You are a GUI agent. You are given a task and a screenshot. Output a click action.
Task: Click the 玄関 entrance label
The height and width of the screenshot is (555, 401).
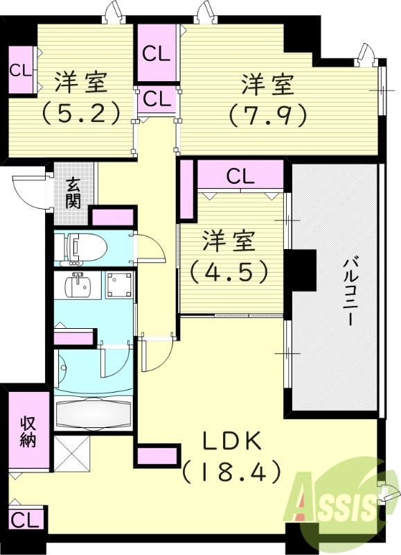tap(73, 192)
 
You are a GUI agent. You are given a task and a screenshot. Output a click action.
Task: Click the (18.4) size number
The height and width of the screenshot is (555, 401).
tap(231, 472)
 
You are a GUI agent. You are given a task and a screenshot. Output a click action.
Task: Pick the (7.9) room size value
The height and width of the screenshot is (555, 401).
tap(267, 113)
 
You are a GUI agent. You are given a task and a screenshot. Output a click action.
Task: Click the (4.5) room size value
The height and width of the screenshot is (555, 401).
tap(229, 271)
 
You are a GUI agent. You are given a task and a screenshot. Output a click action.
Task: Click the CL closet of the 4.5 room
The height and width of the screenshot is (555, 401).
tap(240, 176)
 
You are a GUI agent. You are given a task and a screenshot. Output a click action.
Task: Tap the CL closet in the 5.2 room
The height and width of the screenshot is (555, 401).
tap(20, 70)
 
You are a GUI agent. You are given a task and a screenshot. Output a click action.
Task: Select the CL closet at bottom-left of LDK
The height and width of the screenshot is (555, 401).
tap(24, 518)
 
